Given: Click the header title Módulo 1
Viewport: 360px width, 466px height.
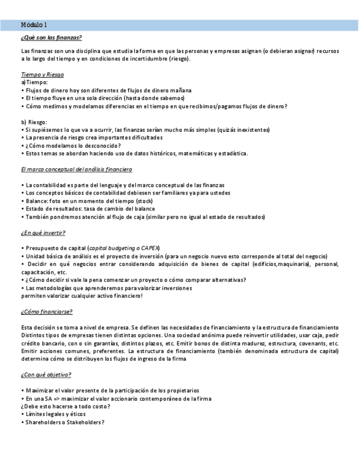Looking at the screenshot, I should tap(34, 25).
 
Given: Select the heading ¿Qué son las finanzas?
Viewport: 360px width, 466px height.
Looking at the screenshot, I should tap(51, 37).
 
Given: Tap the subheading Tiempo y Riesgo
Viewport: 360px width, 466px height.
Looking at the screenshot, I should tap(42, 74).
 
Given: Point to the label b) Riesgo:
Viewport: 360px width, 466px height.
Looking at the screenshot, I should tap(35, 121).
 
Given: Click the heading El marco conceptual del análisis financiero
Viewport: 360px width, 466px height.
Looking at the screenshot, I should tap(76, 169).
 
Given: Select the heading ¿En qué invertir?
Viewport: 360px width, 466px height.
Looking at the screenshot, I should tap(43, 232).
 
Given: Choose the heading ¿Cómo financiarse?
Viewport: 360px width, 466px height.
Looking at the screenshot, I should tap(47, 311).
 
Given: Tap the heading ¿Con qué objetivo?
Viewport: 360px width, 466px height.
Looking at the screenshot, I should tap(46, 374).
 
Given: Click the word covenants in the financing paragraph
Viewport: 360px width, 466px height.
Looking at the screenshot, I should tap(314, 343).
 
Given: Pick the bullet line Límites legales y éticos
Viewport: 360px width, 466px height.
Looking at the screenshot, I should tap(56, 414).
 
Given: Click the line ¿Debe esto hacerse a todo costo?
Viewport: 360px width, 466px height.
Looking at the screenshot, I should tap(65, 406).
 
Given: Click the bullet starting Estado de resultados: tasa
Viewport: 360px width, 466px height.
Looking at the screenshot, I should tap(90, 209).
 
